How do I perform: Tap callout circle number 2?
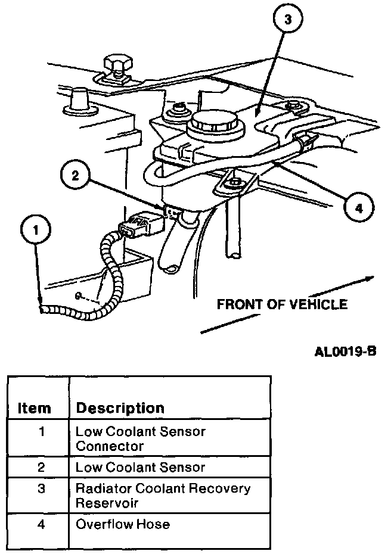[x=75, y=175]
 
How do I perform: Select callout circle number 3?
[x=287, y=20]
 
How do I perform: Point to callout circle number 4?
[x=357, y=208]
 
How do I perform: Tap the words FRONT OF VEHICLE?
[x=281, y=304]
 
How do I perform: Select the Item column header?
[x=35, y=409]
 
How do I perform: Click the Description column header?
[x=120, y=408]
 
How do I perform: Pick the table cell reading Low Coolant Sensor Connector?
[x=139, y=438]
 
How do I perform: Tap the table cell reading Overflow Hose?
[x=123, y=524]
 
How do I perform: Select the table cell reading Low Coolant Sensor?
[x=140, y=468]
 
